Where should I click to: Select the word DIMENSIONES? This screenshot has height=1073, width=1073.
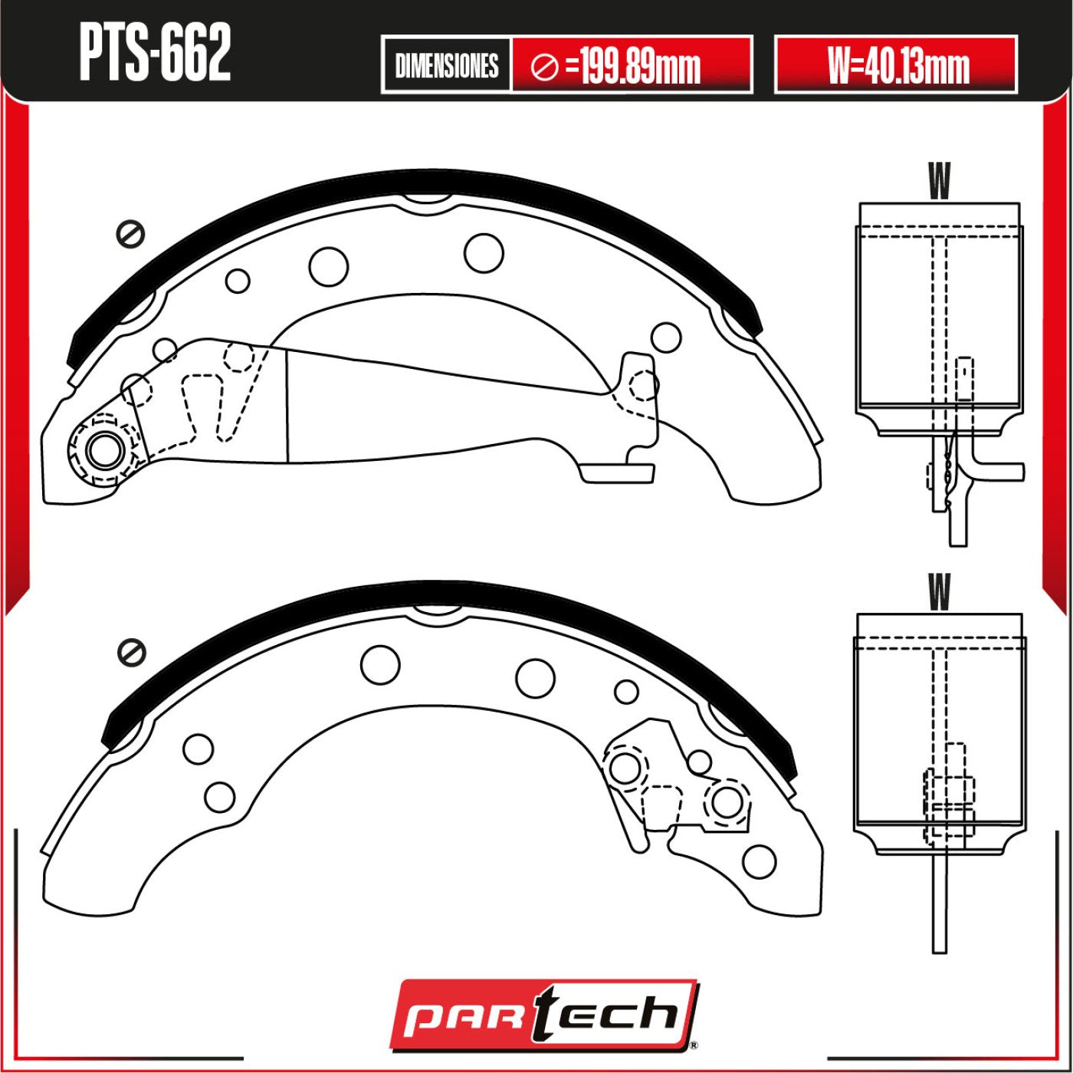tap(446, 66)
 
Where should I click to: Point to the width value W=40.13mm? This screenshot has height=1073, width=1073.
tap(897, 66)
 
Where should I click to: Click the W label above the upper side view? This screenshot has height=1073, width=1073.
tap(938, 182)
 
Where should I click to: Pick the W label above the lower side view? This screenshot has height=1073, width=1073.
tap(938, 592)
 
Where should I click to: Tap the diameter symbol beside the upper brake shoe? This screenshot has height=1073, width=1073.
tap(130, 233)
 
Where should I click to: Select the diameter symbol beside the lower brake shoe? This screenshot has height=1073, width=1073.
tap(132, 652)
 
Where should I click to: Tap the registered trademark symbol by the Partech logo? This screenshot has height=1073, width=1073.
tap(693, 1045)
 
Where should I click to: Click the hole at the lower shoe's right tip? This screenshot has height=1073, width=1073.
tap(759, 861)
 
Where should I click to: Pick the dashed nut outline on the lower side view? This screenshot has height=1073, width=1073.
tap(950, 787)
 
